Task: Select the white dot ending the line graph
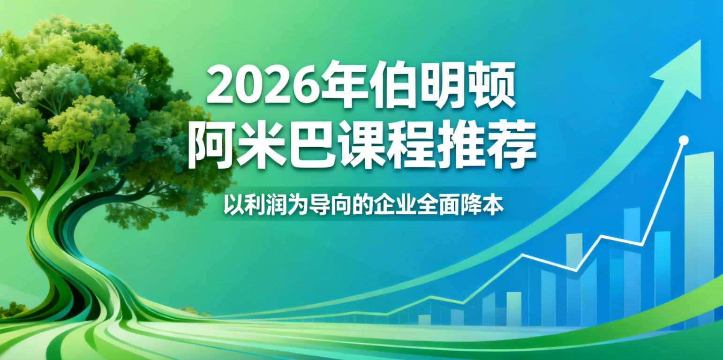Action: (684, 139)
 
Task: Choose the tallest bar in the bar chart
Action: (699, 234)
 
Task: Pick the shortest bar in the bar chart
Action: (424, 319)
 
